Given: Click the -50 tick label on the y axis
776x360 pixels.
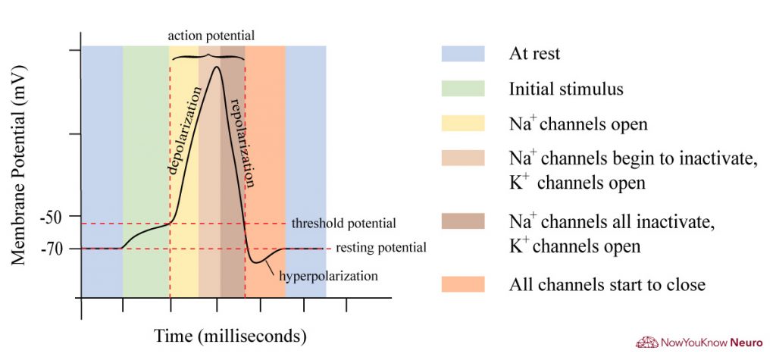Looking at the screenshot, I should (58, 216).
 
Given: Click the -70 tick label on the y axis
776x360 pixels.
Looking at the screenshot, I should (58, 248).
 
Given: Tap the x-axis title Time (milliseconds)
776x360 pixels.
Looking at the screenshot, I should (230, 334).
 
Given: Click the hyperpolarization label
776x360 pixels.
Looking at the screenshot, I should (328, 276).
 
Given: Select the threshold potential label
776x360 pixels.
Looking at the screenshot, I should (343, 224).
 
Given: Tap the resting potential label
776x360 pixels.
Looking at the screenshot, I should (381, 248).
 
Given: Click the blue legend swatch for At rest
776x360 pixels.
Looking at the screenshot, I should (462, 54).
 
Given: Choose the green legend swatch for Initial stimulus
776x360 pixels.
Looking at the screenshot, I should (462, 89).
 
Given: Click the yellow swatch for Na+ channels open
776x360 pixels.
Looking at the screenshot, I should (462, 124).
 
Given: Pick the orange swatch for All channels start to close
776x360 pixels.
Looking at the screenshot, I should (462, 284).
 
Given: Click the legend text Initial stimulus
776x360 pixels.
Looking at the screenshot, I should (566, 89).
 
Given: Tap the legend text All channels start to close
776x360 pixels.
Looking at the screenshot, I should (607, 285).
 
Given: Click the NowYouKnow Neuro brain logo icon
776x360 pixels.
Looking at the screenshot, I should (646, 343).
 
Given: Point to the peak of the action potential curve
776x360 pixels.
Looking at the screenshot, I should (217, 67).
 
